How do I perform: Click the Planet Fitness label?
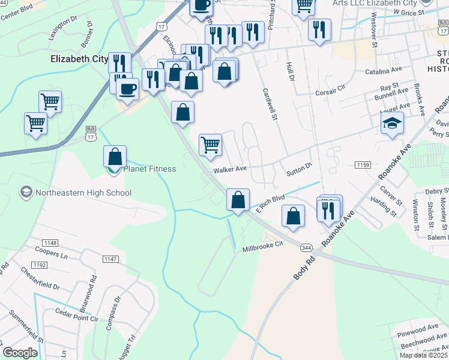click(149, 169)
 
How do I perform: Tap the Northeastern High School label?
click(83, 193)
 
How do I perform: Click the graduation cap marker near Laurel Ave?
click(392, 123)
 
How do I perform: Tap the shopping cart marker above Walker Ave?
click(210, 145)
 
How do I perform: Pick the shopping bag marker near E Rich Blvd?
click(238, 200)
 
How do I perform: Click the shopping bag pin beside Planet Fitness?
click(115, 157)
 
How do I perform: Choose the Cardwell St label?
click(269, 104)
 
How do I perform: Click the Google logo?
click(20, 353)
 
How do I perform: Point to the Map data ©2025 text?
click(423, 355)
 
